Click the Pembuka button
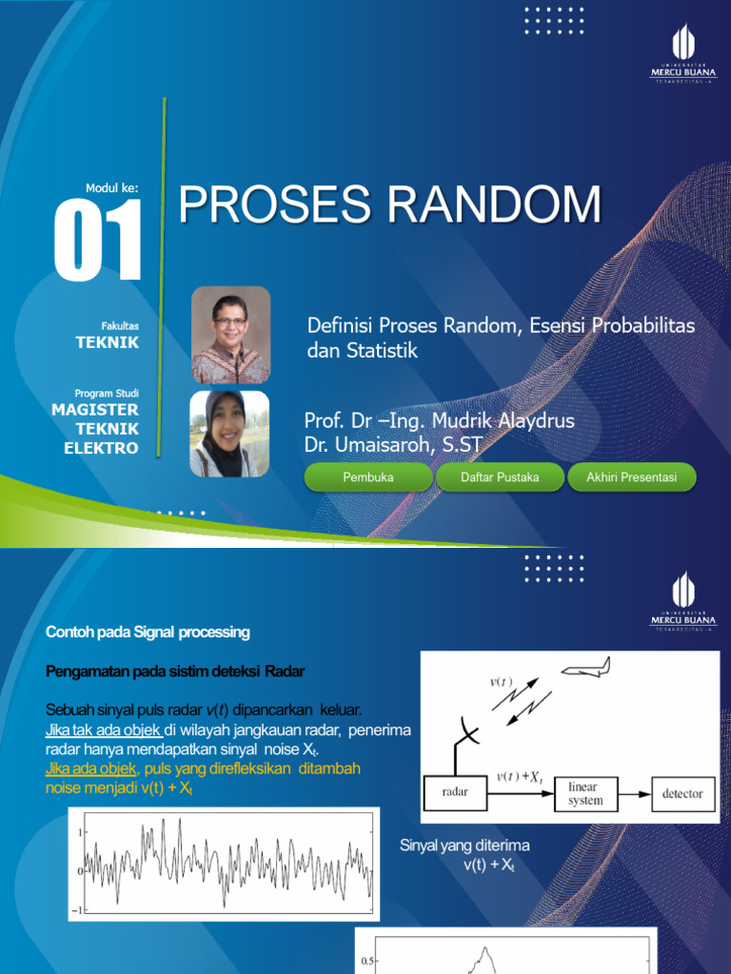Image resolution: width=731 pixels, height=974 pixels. click(368, 477)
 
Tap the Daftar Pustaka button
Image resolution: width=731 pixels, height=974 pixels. click(500, 477)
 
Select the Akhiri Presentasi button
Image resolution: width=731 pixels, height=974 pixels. click(632, 477)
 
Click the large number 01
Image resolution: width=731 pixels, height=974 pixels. click(97, 241)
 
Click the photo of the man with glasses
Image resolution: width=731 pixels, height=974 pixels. click(231, 335)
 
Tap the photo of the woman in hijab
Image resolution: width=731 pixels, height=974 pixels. click(229, 433)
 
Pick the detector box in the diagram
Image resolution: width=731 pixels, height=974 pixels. click(682, 793)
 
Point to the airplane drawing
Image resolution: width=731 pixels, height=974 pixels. click(584, 671)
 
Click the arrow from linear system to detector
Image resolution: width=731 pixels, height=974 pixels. click(632, 793)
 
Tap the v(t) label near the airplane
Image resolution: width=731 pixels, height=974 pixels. click(501, 681)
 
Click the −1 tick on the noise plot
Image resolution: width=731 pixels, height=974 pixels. click(82, 909)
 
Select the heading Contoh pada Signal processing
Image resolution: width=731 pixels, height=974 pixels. click(148, 633)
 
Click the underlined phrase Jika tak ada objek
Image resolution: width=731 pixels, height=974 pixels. click(103, 730)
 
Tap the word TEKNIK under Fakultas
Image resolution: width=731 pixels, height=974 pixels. click(108, 342)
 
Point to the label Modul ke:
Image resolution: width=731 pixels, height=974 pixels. click(112, 188)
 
